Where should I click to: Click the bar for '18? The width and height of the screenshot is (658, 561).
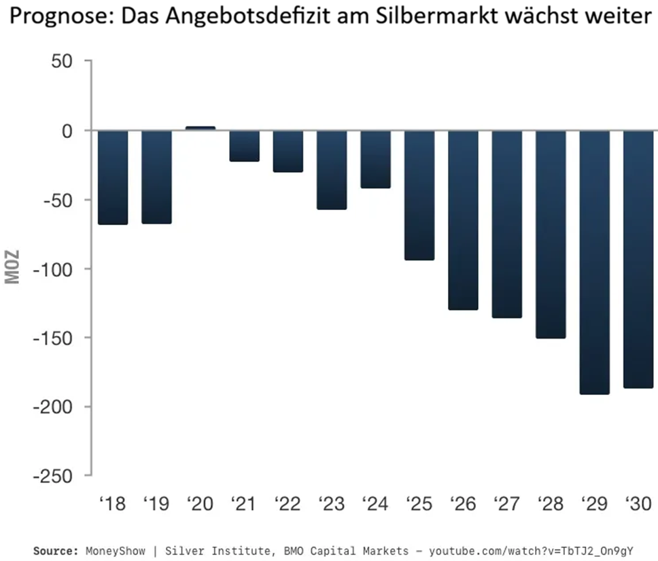tap(113, 177)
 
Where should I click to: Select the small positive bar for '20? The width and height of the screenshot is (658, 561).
tap(201, 128)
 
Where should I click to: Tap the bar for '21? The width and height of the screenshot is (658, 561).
tap(244, 146)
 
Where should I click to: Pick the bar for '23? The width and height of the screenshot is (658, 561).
tap(332, 169)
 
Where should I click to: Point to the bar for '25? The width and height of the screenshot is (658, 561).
tap(419, 195)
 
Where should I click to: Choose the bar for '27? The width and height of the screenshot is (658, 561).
tap(507, 224)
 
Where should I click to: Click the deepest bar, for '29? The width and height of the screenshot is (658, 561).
tap(595, 262)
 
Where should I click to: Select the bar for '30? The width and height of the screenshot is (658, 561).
tap(638, 259)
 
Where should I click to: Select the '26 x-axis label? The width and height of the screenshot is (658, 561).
tap(462, 504)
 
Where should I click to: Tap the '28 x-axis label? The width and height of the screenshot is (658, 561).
tap(550, 504)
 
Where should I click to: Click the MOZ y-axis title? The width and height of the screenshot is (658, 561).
tap(13, 269)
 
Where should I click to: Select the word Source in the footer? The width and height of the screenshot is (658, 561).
tap(55, 549)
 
